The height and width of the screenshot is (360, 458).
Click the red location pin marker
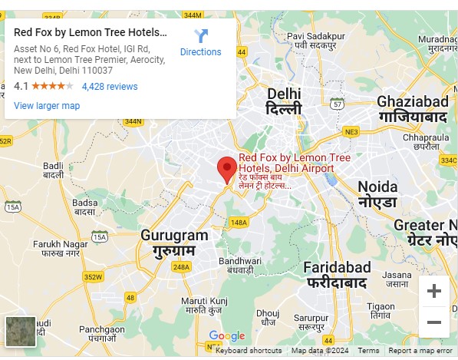tap(226, 168)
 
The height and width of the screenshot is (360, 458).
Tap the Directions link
tap(200, 43)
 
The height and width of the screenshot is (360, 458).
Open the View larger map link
tap(47, 106)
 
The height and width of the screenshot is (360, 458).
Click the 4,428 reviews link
tap(110, 87)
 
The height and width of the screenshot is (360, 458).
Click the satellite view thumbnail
tap(21, 332)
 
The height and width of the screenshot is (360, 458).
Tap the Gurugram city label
tap(174, 242)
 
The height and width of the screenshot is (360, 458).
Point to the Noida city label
tap(377, 194)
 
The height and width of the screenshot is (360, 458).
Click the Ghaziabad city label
tap(412, 109)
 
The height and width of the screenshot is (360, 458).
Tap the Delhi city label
tap(284, 101)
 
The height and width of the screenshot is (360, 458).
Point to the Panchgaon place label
tap(101, 333)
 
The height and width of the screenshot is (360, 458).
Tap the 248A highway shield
tap(181, 267)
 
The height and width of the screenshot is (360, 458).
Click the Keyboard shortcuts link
tap(249, 351)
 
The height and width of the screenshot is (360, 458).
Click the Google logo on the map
tap(226, 336)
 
